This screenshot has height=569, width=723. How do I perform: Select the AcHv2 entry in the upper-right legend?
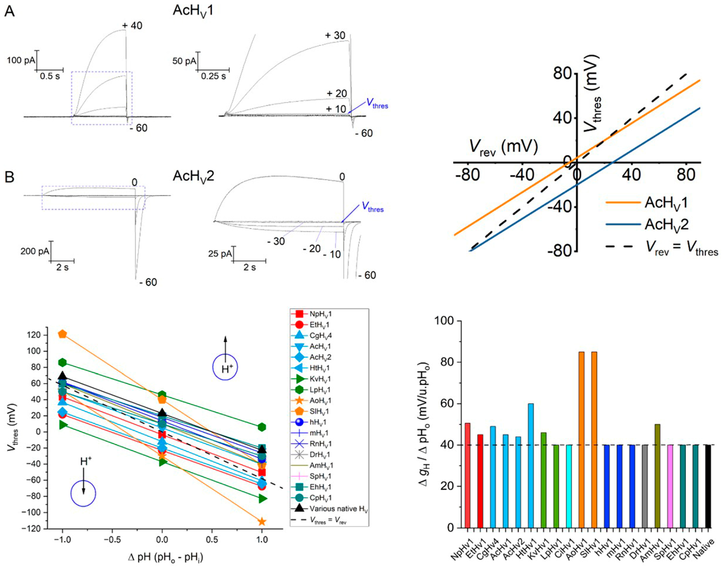coord(666,224)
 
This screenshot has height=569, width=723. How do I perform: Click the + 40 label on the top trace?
coord(132,26)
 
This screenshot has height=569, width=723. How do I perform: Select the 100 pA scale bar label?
coord(21,60)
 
